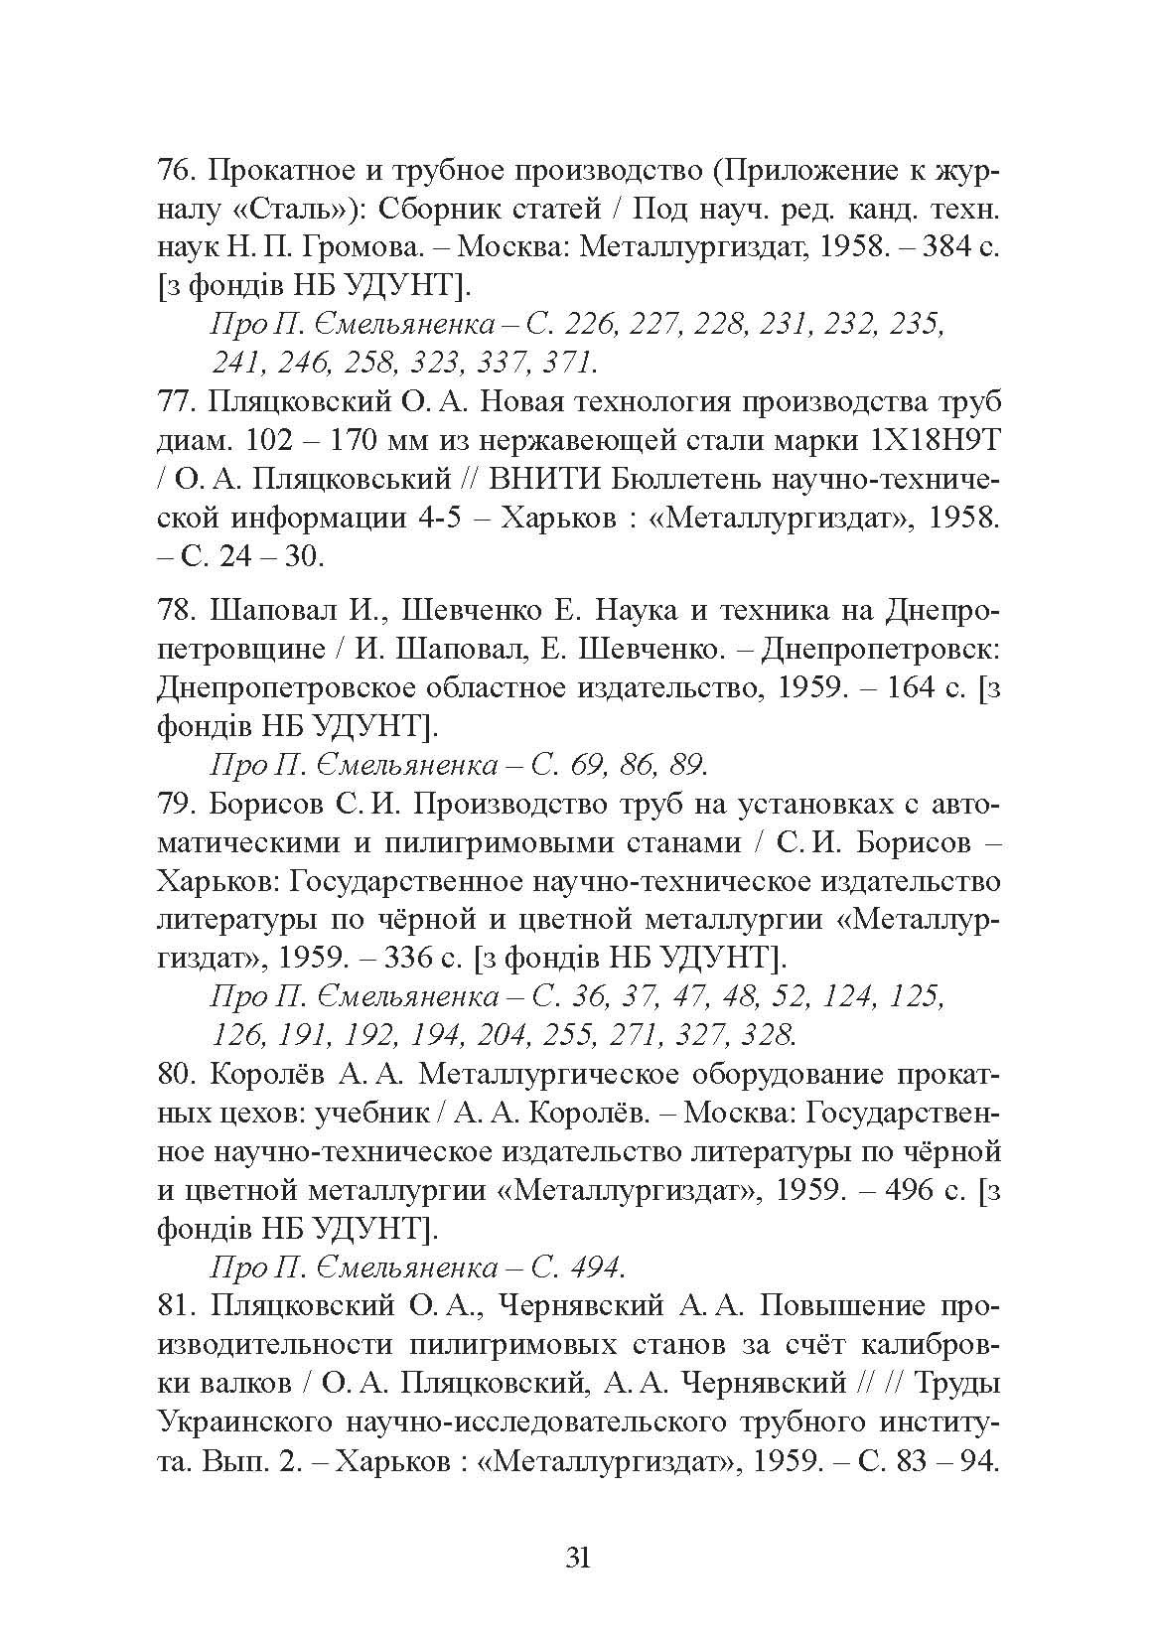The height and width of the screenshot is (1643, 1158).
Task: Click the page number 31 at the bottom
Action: coord(578,1557)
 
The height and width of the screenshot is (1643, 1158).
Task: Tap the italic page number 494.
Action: coord(595,1268)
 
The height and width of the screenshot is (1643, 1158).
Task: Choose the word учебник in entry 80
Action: coord(366,1114)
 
